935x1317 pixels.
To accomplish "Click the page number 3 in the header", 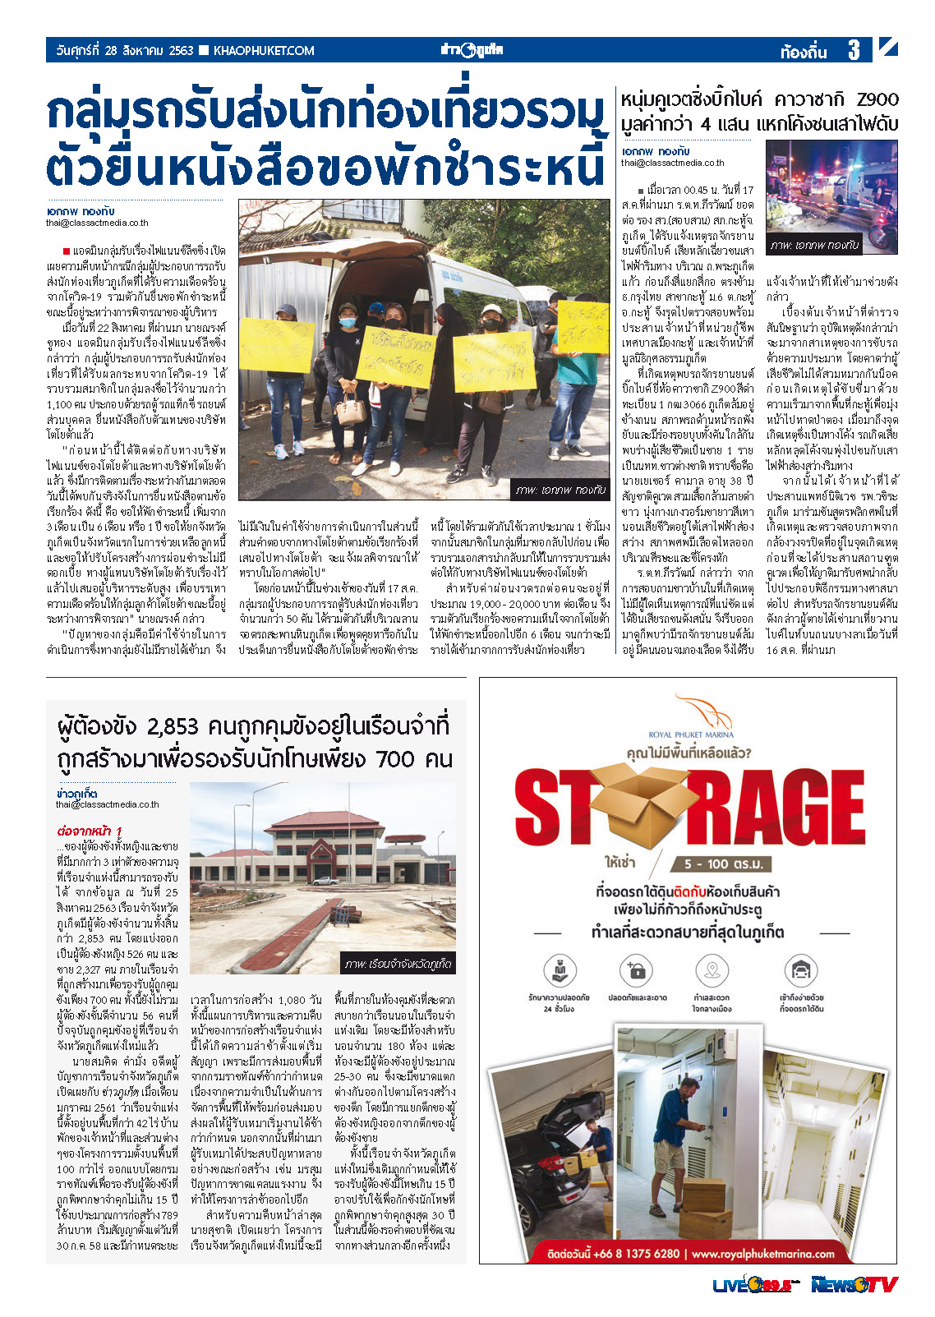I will (x=854, y=51).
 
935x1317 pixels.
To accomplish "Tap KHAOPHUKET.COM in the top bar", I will (x=263, y=51).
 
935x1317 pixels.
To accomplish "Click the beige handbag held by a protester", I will (x=351, y=408).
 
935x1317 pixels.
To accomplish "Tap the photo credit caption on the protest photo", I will (x=561, y=490).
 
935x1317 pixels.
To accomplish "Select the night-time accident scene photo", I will (x=831, y=196).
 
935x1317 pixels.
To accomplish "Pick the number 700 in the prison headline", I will (x=398, y=758).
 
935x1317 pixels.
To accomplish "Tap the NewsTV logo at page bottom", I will (x=853, y=1285).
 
